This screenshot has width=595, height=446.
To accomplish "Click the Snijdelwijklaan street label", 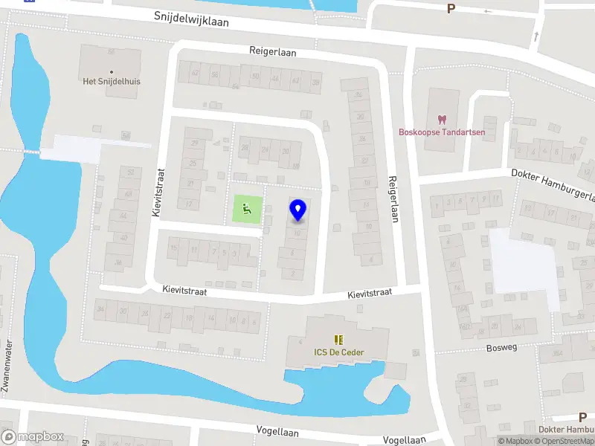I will (x=192, y=19).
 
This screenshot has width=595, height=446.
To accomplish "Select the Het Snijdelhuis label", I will (x=112, y=81).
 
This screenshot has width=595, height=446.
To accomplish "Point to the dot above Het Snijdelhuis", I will (x=112, y=72).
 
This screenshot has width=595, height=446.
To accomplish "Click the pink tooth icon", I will (x=442, y=119).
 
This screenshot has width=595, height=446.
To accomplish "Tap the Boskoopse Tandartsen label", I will (x=442, y=132).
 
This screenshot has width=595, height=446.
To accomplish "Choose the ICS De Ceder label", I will (x=339, y=352).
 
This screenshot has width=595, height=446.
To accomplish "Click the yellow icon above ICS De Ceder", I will (x=339, y=339).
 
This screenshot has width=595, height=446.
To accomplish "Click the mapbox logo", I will (x=33, y=437).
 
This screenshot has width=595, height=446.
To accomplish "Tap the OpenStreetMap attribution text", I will (x=565, y=441).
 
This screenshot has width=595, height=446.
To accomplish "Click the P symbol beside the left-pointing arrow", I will (x=450, y=9).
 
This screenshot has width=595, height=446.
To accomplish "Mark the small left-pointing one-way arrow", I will (x=488, y=11).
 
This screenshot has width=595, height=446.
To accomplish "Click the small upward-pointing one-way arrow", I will (x=535, y=36).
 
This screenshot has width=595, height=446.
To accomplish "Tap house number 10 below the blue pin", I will (x=297, y=233).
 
